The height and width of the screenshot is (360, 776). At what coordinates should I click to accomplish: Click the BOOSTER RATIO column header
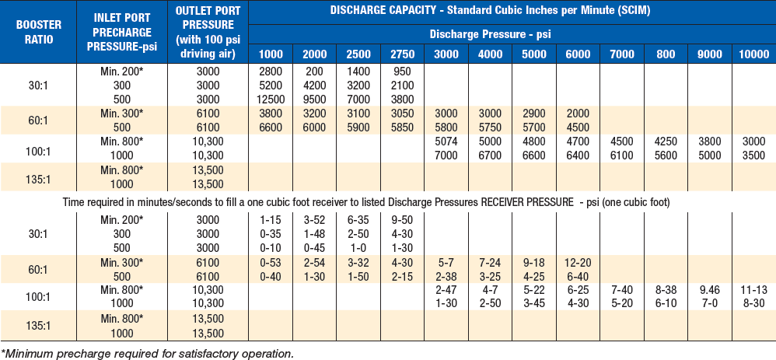point(38,31)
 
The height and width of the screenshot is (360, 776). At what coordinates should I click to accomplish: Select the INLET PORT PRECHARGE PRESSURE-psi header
point(122,31)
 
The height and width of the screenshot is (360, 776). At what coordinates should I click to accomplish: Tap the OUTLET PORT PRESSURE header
point(208,31)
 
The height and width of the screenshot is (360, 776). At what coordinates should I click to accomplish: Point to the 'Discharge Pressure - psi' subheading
point(491,35)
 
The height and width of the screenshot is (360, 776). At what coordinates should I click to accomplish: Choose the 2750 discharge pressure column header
point(403,54)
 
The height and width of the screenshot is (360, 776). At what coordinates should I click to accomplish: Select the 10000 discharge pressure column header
point(753,54)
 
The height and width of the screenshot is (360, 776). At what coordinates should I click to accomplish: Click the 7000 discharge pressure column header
point(621,54)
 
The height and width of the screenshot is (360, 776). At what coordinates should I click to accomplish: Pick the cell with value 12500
point(271,98)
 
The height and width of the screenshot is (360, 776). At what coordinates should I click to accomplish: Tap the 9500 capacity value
point(314,98)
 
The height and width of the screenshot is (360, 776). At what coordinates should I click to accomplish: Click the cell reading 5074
point(446,142)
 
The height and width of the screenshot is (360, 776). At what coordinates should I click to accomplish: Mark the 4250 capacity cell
point(666,142)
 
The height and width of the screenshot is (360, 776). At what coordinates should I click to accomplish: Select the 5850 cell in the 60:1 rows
point(403,127)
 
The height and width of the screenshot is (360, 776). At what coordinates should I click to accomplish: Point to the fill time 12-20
point(578,261)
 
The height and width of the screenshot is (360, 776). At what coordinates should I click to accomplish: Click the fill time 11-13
point(753,290)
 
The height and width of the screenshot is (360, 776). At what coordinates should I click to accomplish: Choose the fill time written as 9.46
point(710,290)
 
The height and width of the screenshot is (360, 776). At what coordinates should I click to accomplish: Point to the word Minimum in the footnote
point(29,354)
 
